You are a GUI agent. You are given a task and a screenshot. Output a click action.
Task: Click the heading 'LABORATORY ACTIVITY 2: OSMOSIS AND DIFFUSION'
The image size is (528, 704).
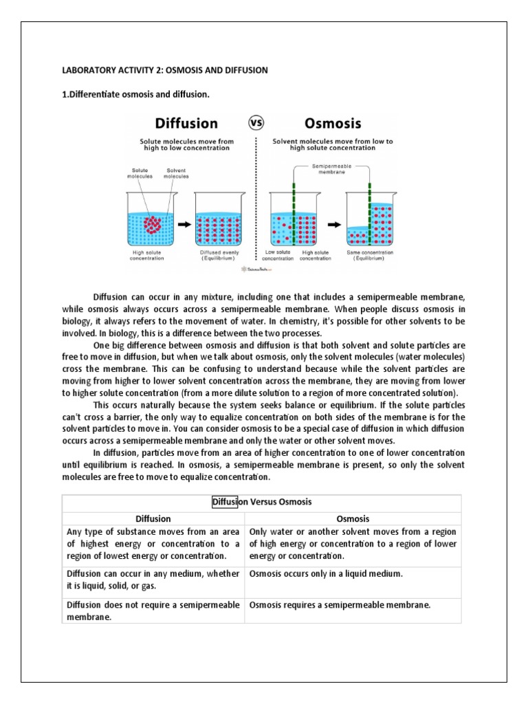(164, 70)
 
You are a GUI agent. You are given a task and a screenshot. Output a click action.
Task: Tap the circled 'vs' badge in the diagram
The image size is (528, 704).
(256, 123)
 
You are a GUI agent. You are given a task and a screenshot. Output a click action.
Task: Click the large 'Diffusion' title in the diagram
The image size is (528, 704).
(186, 124)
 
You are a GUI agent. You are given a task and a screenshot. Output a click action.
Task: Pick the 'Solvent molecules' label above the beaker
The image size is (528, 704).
(176, 173)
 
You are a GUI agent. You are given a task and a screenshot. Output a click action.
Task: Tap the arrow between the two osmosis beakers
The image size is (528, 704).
(332, 223)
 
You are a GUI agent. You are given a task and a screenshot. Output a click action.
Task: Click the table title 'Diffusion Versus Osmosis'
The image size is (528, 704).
(262, 502)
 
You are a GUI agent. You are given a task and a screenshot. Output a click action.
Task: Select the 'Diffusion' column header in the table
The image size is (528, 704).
(153, 518)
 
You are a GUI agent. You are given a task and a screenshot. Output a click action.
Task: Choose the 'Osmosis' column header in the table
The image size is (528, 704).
(353, 518)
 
